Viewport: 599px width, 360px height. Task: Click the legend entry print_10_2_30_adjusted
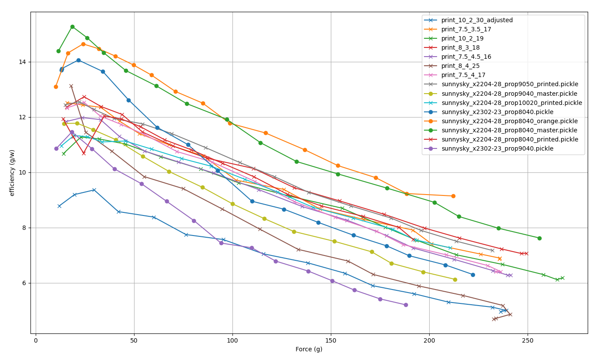(x=477, y=20)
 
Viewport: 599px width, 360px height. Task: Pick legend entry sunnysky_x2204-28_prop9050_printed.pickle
(x=510, y=84)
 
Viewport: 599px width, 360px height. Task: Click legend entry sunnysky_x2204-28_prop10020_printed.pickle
(x=512, y=103)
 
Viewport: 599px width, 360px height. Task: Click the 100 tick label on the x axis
(x=232, y=340)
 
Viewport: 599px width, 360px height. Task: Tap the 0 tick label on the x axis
(x=36, y=340)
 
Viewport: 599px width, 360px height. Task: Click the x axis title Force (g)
(x=309, y=349)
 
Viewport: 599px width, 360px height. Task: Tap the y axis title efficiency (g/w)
(x=12, y=173)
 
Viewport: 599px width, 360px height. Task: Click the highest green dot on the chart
(x=72, y=27)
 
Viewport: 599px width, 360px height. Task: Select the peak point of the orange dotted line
(x=83, y=44)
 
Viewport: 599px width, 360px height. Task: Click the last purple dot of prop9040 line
(x=406, y=305)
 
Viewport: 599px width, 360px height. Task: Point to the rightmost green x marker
(x=562, y=278)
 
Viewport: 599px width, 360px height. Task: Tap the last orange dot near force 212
(x=453, y=196)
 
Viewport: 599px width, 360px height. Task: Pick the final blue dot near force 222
(x=473, y=275)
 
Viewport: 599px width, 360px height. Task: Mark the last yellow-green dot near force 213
(x=455, y=279)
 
